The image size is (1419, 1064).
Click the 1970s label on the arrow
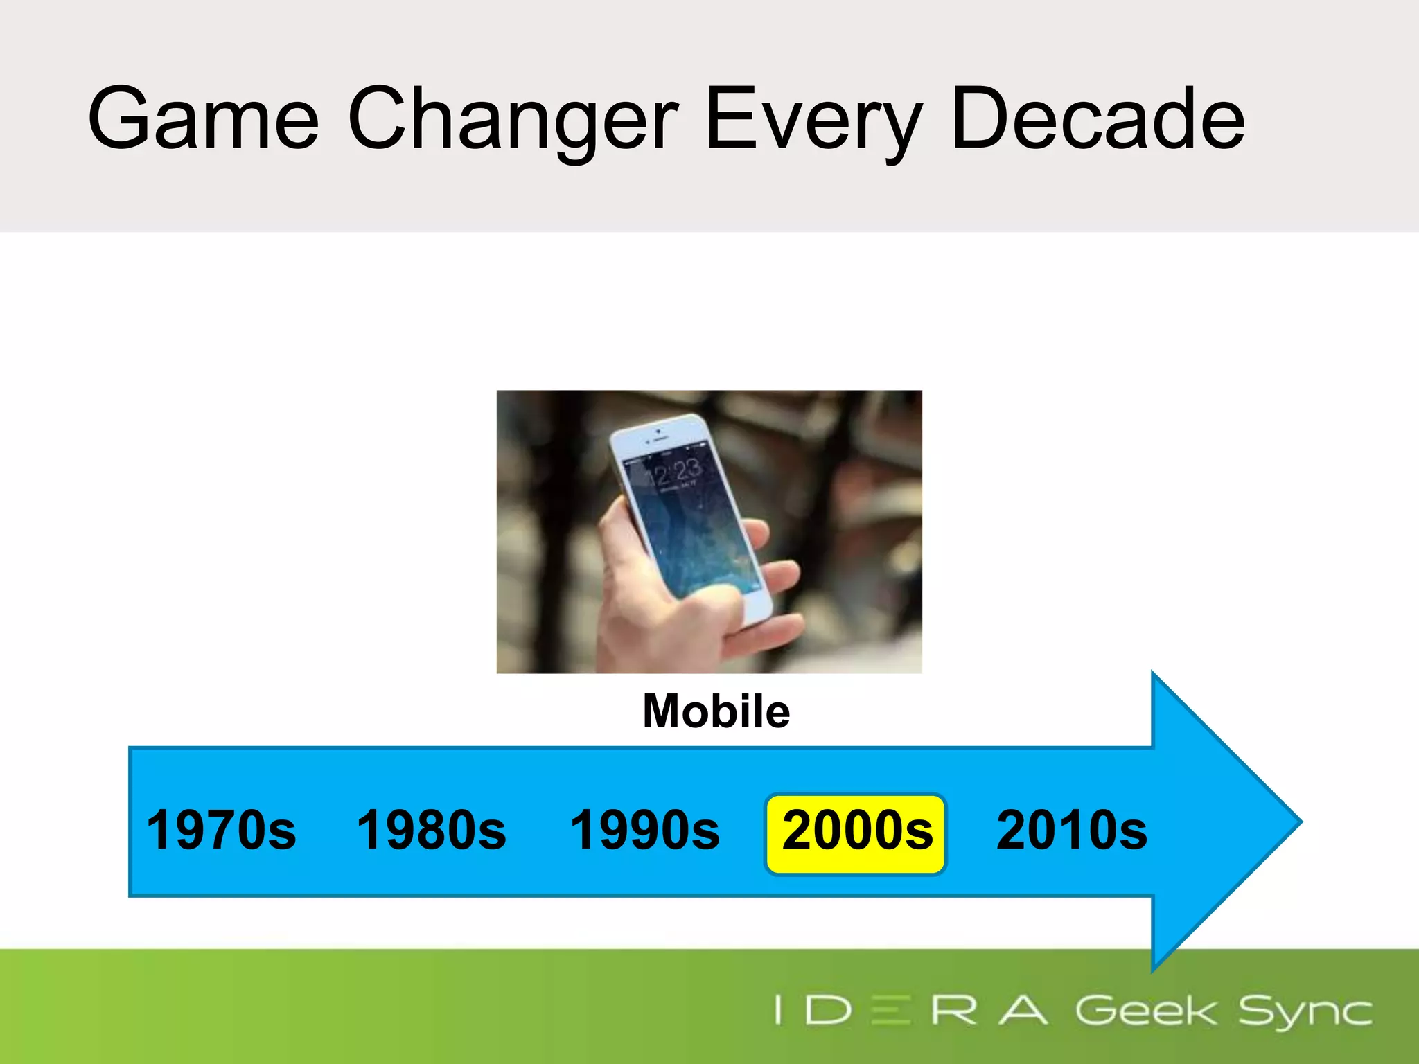pos(221,830)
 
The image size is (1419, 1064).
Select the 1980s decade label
pos(431,830)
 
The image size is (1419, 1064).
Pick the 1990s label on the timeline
pos(644,830)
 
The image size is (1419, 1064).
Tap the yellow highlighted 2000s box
pos(856,834)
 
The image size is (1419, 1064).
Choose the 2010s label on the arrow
pos(1071,830)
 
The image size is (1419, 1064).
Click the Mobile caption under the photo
pos(716,711)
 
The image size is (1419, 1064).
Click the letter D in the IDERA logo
pos(828,1011)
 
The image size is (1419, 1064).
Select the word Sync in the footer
pos(1304,1012)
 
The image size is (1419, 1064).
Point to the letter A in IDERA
pos(1023,1011)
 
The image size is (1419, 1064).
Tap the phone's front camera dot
pos(658,431)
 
